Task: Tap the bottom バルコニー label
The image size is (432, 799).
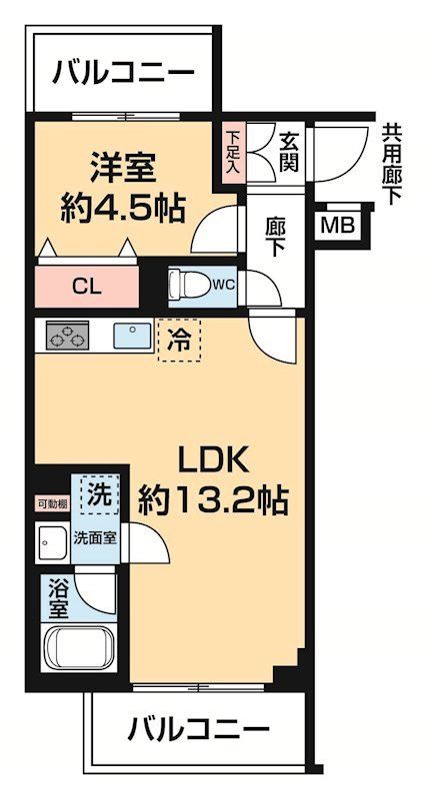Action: coord(199,730)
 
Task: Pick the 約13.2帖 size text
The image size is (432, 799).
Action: coord(214,497)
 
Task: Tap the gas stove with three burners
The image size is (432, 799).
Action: coord(66,337)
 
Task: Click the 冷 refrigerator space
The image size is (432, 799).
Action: coord(179,338)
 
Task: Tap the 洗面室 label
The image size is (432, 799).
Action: coord(96,539)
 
